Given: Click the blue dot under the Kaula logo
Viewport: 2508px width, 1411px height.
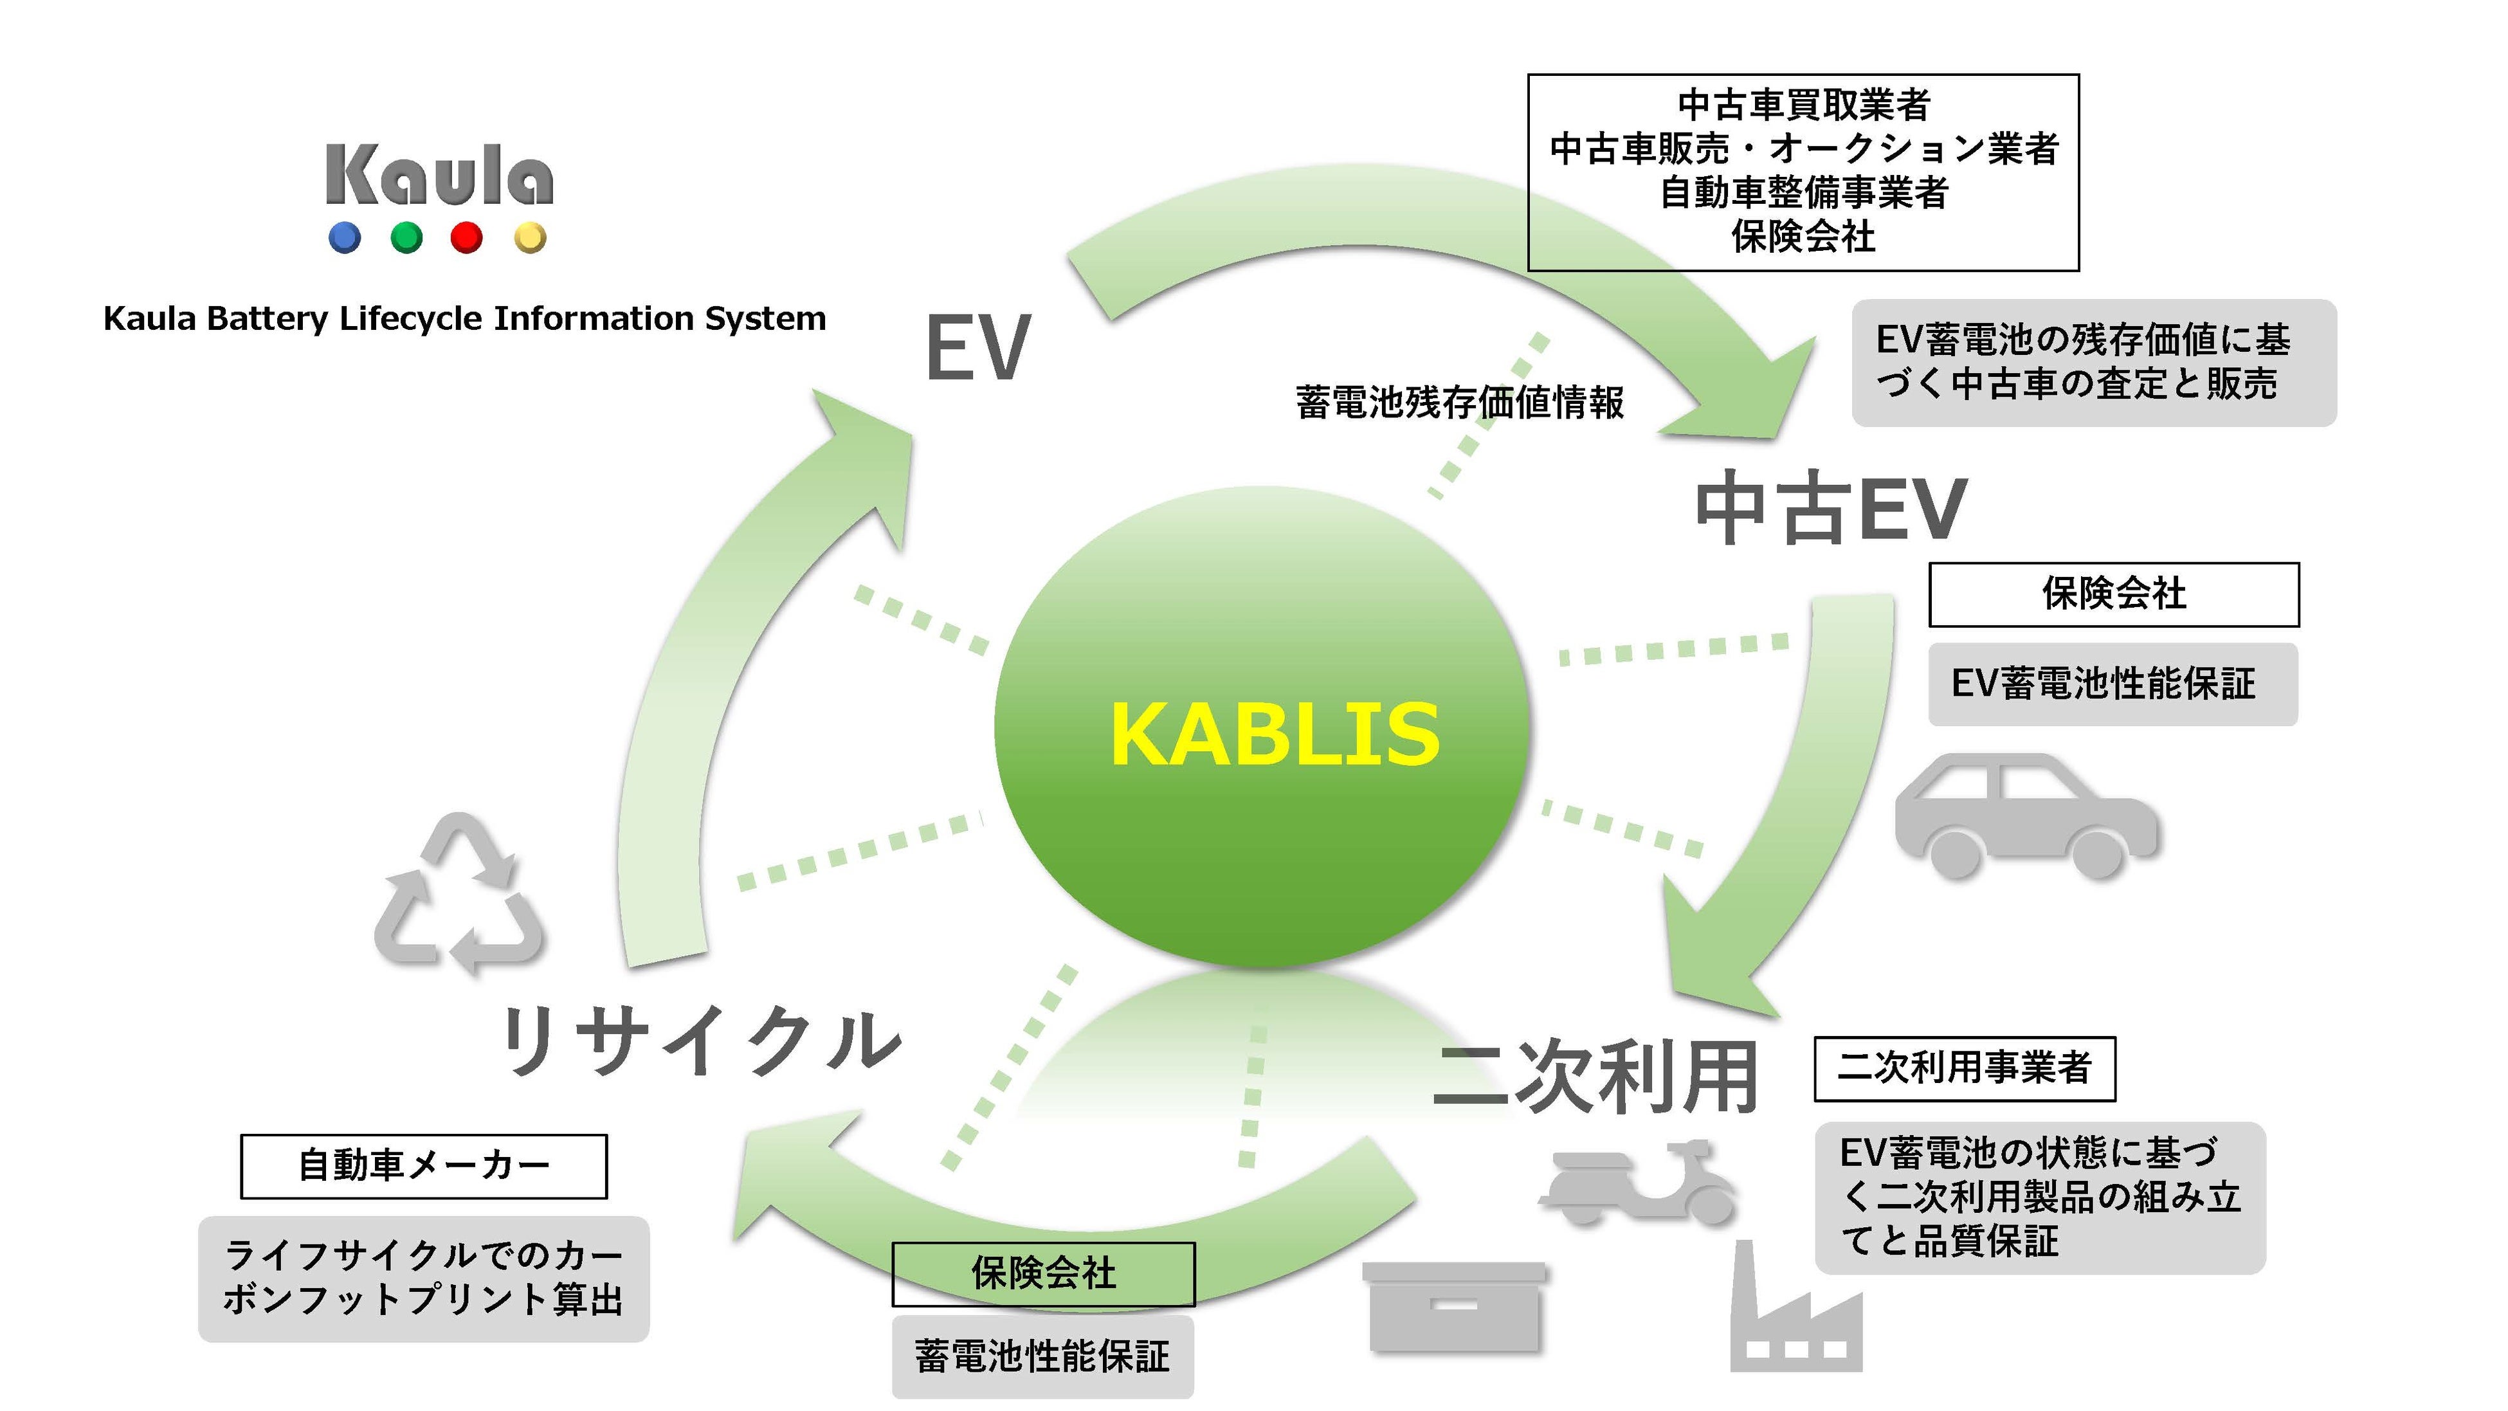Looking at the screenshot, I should coord(345,237).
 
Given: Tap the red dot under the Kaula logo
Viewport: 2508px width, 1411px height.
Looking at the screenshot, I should coord(466,237).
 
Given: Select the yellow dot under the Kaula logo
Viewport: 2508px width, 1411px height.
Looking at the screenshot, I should coord(530,237).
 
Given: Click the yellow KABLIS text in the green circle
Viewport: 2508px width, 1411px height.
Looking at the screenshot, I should coord(1275,735).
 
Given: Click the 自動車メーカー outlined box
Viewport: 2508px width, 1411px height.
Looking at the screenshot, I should coord(424,1165).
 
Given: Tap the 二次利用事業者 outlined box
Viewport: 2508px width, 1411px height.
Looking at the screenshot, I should coord(1964,1068).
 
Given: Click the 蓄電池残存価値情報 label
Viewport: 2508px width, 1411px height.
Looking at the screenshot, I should coord(1459,402).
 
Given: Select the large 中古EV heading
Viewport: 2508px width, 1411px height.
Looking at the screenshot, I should coord(1830,508).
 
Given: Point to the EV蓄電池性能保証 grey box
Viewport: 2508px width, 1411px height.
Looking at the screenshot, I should coord(2112,684).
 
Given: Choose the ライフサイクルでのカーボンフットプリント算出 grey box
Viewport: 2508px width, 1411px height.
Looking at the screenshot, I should coord(424,1279).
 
